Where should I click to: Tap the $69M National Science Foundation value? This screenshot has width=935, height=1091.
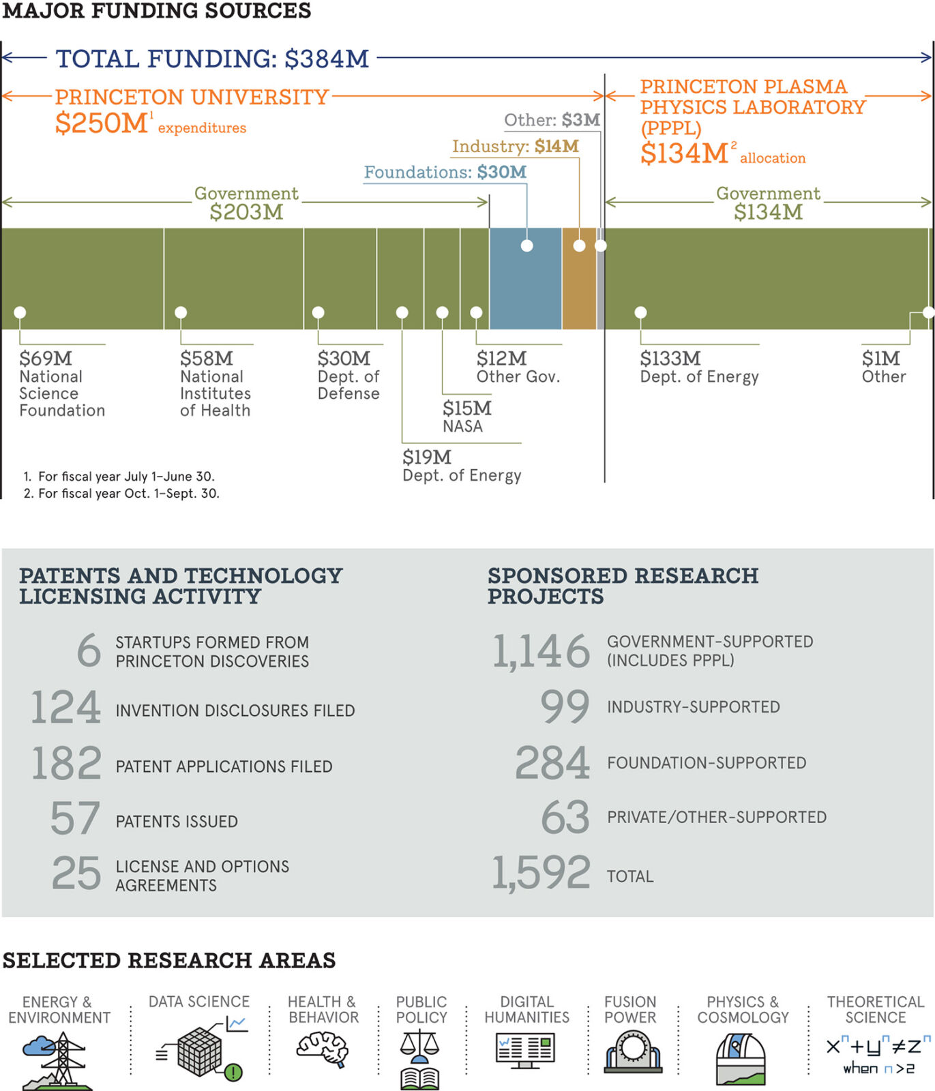click(x=45, y=359)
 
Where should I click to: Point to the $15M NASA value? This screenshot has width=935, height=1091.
click(x=466, y=408)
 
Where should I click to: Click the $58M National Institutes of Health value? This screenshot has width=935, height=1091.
click(x=206, y=359)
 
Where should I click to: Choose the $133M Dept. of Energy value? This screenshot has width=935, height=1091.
click(x=670, y=359)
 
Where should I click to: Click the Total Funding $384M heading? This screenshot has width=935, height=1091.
click(x=212, y=59)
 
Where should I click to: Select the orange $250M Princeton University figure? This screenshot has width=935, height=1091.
click(x=102, y=123)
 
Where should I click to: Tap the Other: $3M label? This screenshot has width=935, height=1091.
click(x=552, y=120)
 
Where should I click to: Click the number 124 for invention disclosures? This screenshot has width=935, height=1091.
click(x=65, y=707)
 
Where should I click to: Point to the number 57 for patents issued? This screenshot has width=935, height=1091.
click(x=75, y=818)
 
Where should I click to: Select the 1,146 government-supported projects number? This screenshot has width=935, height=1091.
click(x=541, y=651)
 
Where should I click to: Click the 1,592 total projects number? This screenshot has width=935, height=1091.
click(x=541, y=873)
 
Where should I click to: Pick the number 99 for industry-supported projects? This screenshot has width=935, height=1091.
click(x=565, y=706)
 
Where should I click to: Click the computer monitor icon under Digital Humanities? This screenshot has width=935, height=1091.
click(x=525, y=1051)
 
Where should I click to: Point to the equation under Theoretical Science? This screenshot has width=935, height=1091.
click(x=878, y=1054)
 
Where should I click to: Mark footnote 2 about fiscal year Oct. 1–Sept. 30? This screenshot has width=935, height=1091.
click(x=121, y=494)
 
